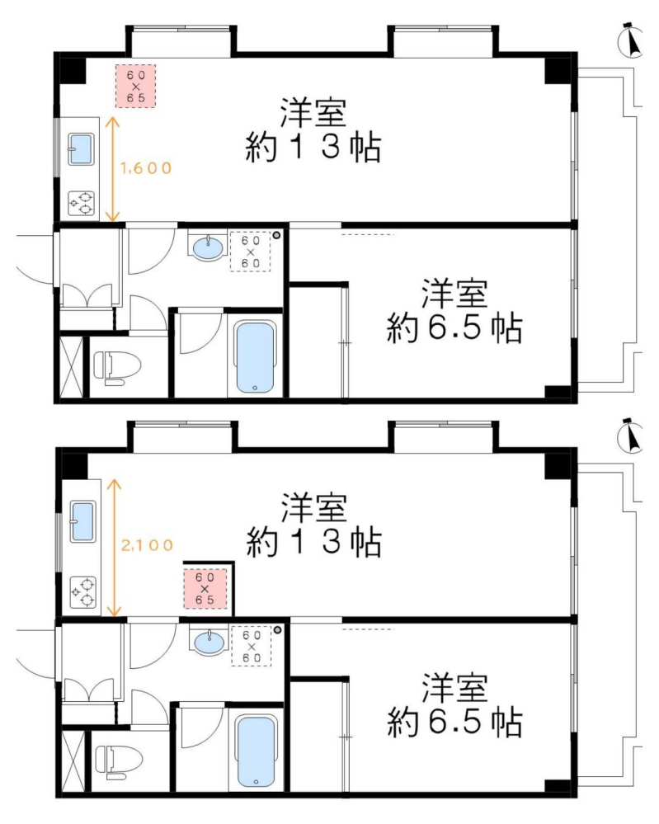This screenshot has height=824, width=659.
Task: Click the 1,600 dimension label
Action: pos(146,168)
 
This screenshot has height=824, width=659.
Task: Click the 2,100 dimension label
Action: pos(147,545)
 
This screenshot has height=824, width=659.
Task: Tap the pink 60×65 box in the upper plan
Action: pos(135,86)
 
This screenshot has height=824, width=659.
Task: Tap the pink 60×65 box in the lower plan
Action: pos(205,589)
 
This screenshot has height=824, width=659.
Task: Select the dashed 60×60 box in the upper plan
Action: pos(251,252)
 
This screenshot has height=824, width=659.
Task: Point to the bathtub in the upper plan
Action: pos(255,357)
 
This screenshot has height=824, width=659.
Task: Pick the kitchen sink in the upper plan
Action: pos(81,149)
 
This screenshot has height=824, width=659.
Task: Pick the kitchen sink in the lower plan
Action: pos(83,522)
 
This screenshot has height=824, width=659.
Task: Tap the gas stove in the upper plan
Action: pos(82,203)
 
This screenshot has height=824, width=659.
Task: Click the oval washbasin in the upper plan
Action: pos(209,248)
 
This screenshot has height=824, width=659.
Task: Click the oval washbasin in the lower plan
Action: pos(209,642)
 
